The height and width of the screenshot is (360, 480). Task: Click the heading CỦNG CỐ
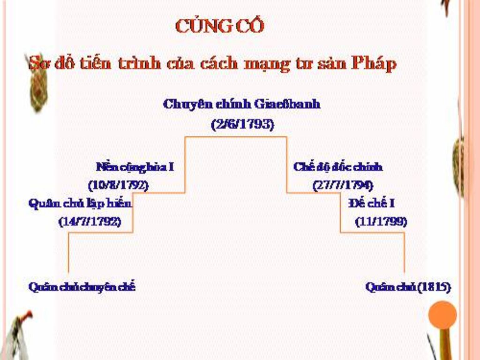(219, 26)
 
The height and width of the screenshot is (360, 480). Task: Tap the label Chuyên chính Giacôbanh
(241, 104)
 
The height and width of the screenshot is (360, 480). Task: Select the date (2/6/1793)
(242, 125)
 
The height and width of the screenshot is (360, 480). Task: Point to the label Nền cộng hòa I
(135, 166)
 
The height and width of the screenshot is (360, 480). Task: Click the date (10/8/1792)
(118, 185)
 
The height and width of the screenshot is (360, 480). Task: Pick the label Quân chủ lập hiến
(80, 203)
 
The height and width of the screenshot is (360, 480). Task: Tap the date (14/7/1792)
(90, 221)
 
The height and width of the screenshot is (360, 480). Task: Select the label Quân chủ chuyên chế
(82, 286)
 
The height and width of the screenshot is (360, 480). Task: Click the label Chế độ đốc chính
(338, 167)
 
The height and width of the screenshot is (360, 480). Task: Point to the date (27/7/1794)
(343, 185)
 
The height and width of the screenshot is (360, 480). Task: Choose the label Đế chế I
(371, 203)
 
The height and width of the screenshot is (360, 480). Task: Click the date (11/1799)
(381, 221)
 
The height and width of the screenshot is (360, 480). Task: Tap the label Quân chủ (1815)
(408, 286)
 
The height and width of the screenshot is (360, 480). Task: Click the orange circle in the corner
(442, 315)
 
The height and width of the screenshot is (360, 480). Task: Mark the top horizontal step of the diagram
(236, 137)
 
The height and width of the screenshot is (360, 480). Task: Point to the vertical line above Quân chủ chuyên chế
(69, 253)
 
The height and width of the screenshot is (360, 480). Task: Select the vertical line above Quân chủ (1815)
(404, 253)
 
